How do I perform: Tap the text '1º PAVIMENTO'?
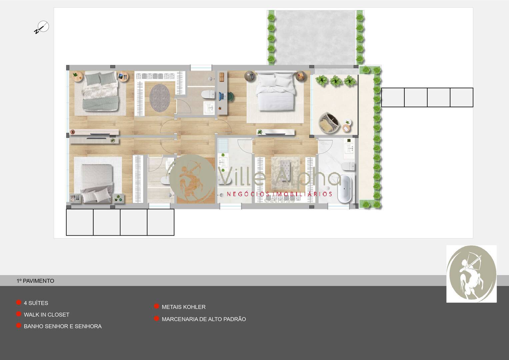click(35, 281)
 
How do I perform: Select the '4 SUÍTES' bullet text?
click(36, 303)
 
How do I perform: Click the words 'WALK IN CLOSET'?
click(47, 315)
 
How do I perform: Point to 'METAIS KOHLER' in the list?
click(183, 307)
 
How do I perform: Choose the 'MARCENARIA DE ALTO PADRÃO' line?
click(204, 319)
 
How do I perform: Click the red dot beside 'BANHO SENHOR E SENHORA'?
click(19, 326)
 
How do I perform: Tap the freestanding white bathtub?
click(344, 189)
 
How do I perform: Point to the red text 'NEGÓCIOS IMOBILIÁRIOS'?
click(279, 194)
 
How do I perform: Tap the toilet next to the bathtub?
click(349, 166)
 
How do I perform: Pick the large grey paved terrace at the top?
click(315, 37)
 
